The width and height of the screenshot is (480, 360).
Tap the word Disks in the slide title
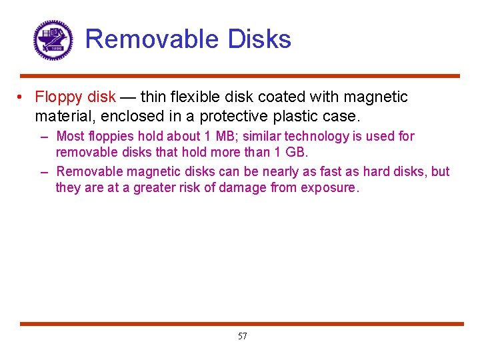tap(259, 39)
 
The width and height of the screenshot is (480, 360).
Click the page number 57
tap(242, 336)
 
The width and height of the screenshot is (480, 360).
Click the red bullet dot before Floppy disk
tap(22, 97)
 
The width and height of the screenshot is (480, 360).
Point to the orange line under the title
tap(240, 76)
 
